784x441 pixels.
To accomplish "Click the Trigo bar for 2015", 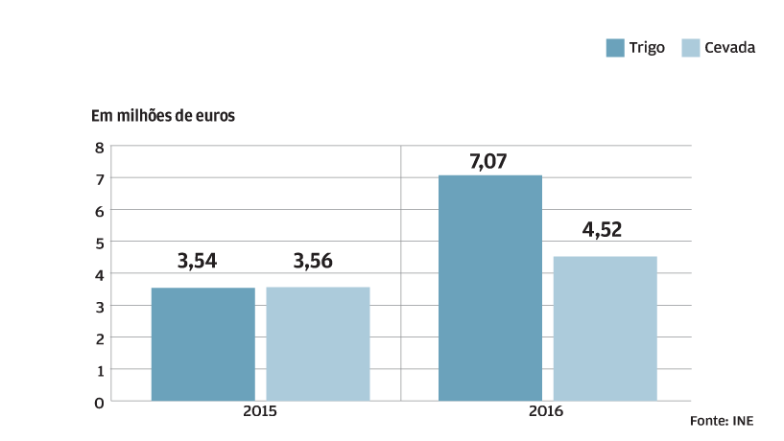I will [202, 344].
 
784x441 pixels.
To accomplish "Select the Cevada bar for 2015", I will [318, 343].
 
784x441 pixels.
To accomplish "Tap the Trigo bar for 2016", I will [490, 288].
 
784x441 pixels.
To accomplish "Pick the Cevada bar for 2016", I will [606, 328].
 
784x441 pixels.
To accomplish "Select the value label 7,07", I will [487, 161].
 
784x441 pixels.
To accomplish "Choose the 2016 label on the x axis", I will [545, 410].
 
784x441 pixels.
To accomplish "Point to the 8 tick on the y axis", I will [99, 147].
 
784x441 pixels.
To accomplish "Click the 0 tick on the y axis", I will [99, 402].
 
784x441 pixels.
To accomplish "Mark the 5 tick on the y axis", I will [99, 243].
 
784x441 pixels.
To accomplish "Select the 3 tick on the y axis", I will [99, 306].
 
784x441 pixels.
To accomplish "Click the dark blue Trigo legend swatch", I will [615, 48].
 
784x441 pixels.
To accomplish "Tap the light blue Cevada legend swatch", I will [690, 48].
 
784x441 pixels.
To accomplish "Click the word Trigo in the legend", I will [648, 48].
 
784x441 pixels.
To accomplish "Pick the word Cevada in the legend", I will [729, 48].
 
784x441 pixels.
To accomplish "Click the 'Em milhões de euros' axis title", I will [163, 116].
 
